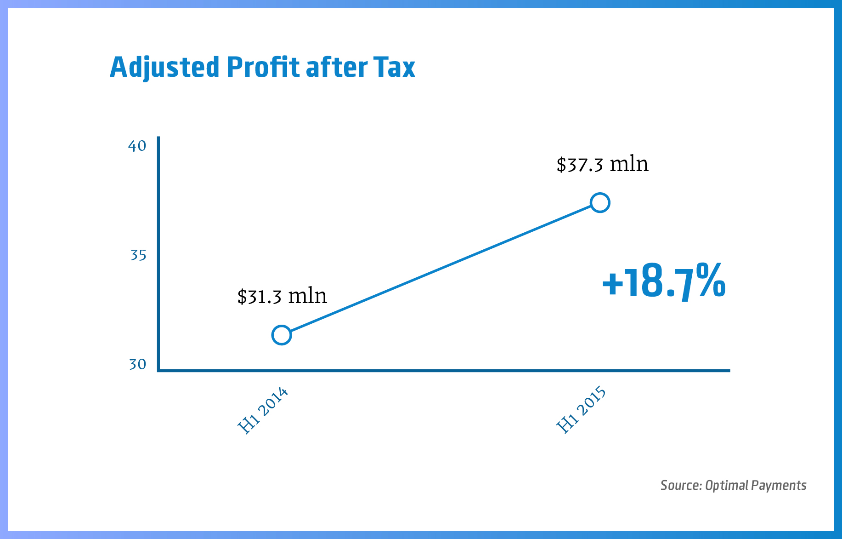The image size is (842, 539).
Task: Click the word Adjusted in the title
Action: tap(164, 68)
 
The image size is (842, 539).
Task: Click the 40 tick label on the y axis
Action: tap(137, 146)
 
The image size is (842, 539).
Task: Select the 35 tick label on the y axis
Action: tap(138, 255)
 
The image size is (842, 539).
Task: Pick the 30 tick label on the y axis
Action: tap(137, 365)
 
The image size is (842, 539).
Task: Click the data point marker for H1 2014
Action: tap(282, 335)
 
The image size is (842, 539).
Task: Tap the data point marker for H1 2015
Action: tap(600, 203)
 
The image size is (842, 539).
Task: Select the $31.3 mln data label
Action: tap(282, 296)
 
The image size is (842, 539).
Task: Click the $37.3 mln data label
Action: tap(602, 164)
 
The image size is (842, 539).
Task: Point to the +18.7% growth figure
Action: tap(664, 282)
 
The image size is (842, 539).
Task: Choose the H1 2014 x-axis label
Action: tap(263, 411)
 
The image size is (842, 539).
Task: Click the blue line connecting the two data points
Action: tap(441, 269)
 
